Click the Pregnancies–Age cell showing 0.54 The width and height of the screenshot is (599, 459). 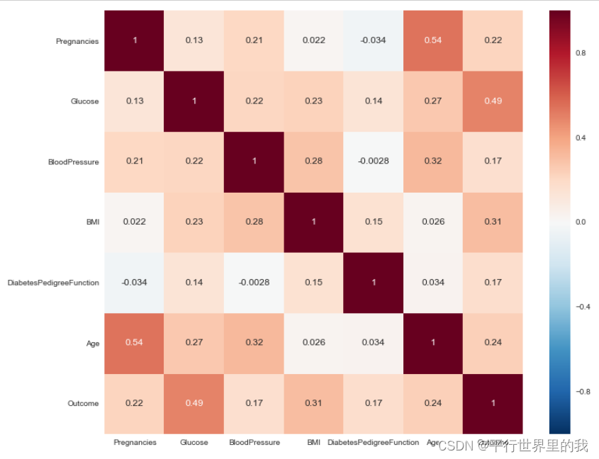[432, 40]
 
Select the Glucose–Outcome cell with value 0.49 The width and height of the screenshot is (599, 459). [493, 101]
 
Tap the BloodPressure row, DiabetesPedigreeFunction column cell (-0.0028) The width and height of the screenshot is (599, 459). [373, 161]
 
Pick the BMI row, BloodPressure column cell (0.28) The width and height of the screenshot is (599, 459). [253, 222]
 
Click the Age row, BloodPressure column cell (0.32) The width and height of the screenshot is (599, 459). [253, 343]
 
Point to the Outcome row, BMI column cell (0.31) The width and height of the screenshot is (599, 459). [313, 403]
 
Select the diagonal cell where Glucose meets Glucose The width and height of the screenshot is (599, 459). [194, 101]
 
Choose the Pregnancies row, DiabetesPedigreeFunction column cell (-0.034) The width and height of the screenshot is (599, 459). [373, 40]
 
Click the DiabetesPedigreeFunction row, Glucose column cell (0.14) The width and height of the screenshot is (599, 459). [194, 282]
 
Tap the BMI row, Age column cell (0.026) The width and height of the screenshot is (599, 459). [432, 222]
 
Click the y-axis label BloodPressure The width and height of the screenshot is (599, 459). [73, 161]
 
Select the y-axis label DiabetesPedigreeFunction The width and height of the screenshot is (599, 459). [53, 283]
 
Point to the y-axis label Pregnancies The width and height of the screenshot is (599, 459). [77, 41]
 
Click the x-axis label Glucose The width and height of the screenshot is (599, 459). [194, 443]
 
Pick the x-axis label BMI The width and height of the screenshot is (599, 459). [313, 443]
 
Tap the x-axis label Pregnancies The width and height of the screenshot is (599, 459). [135, 443]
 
